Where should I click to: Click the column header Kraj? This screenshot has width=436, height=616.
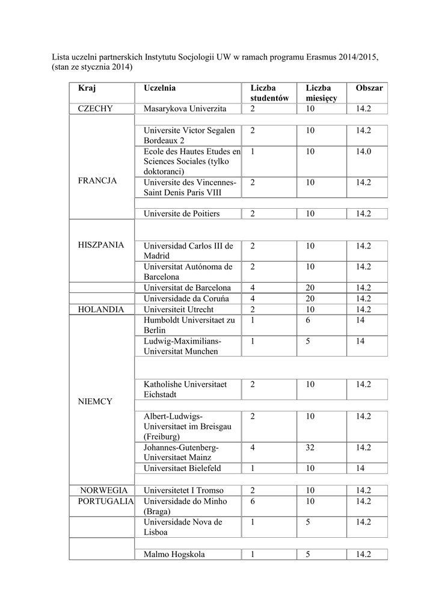coord(87,88)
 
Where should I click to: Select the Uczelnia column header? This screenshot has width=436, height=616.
coord(159,88)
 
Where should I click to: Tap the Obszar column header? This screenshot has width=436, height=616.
coord(369,88)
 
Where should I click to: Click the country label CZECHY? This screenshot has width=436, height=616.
coord(100,109)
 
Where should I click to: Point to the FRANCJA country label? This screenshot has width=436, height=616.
coord(97,180)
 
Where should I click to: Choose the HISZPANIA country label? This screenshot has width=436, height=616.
coord(101,245)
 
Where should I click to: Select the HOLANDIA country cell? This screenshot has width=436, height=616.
coord(100,309)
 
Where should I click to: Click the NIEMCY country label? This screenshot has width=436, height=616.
coord(95,401)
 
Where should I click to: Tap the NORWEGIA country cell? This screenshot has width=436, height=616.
coord(100,490)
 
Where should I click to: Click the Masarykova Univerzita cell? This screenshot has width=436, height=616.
coord(185,109)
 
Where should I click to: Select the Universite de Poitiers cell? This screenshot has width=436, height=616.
coord(182,214)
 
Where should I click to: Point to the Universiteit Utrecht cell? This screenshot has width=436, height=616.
coord(179,309)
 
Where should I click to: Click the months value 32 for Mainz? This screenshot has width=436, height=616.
coord(310,448)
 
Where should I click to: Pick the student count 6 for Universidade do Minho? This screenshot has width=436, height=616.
coord(253,501)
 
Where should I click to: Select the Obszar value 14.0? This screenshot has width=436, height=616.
coord(363,152)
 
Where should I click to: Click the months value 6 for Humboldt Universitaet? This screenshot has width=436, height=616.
coord(308,320)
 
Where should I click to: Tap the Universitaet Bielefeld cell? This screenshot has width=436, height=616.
coord(182,468)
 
